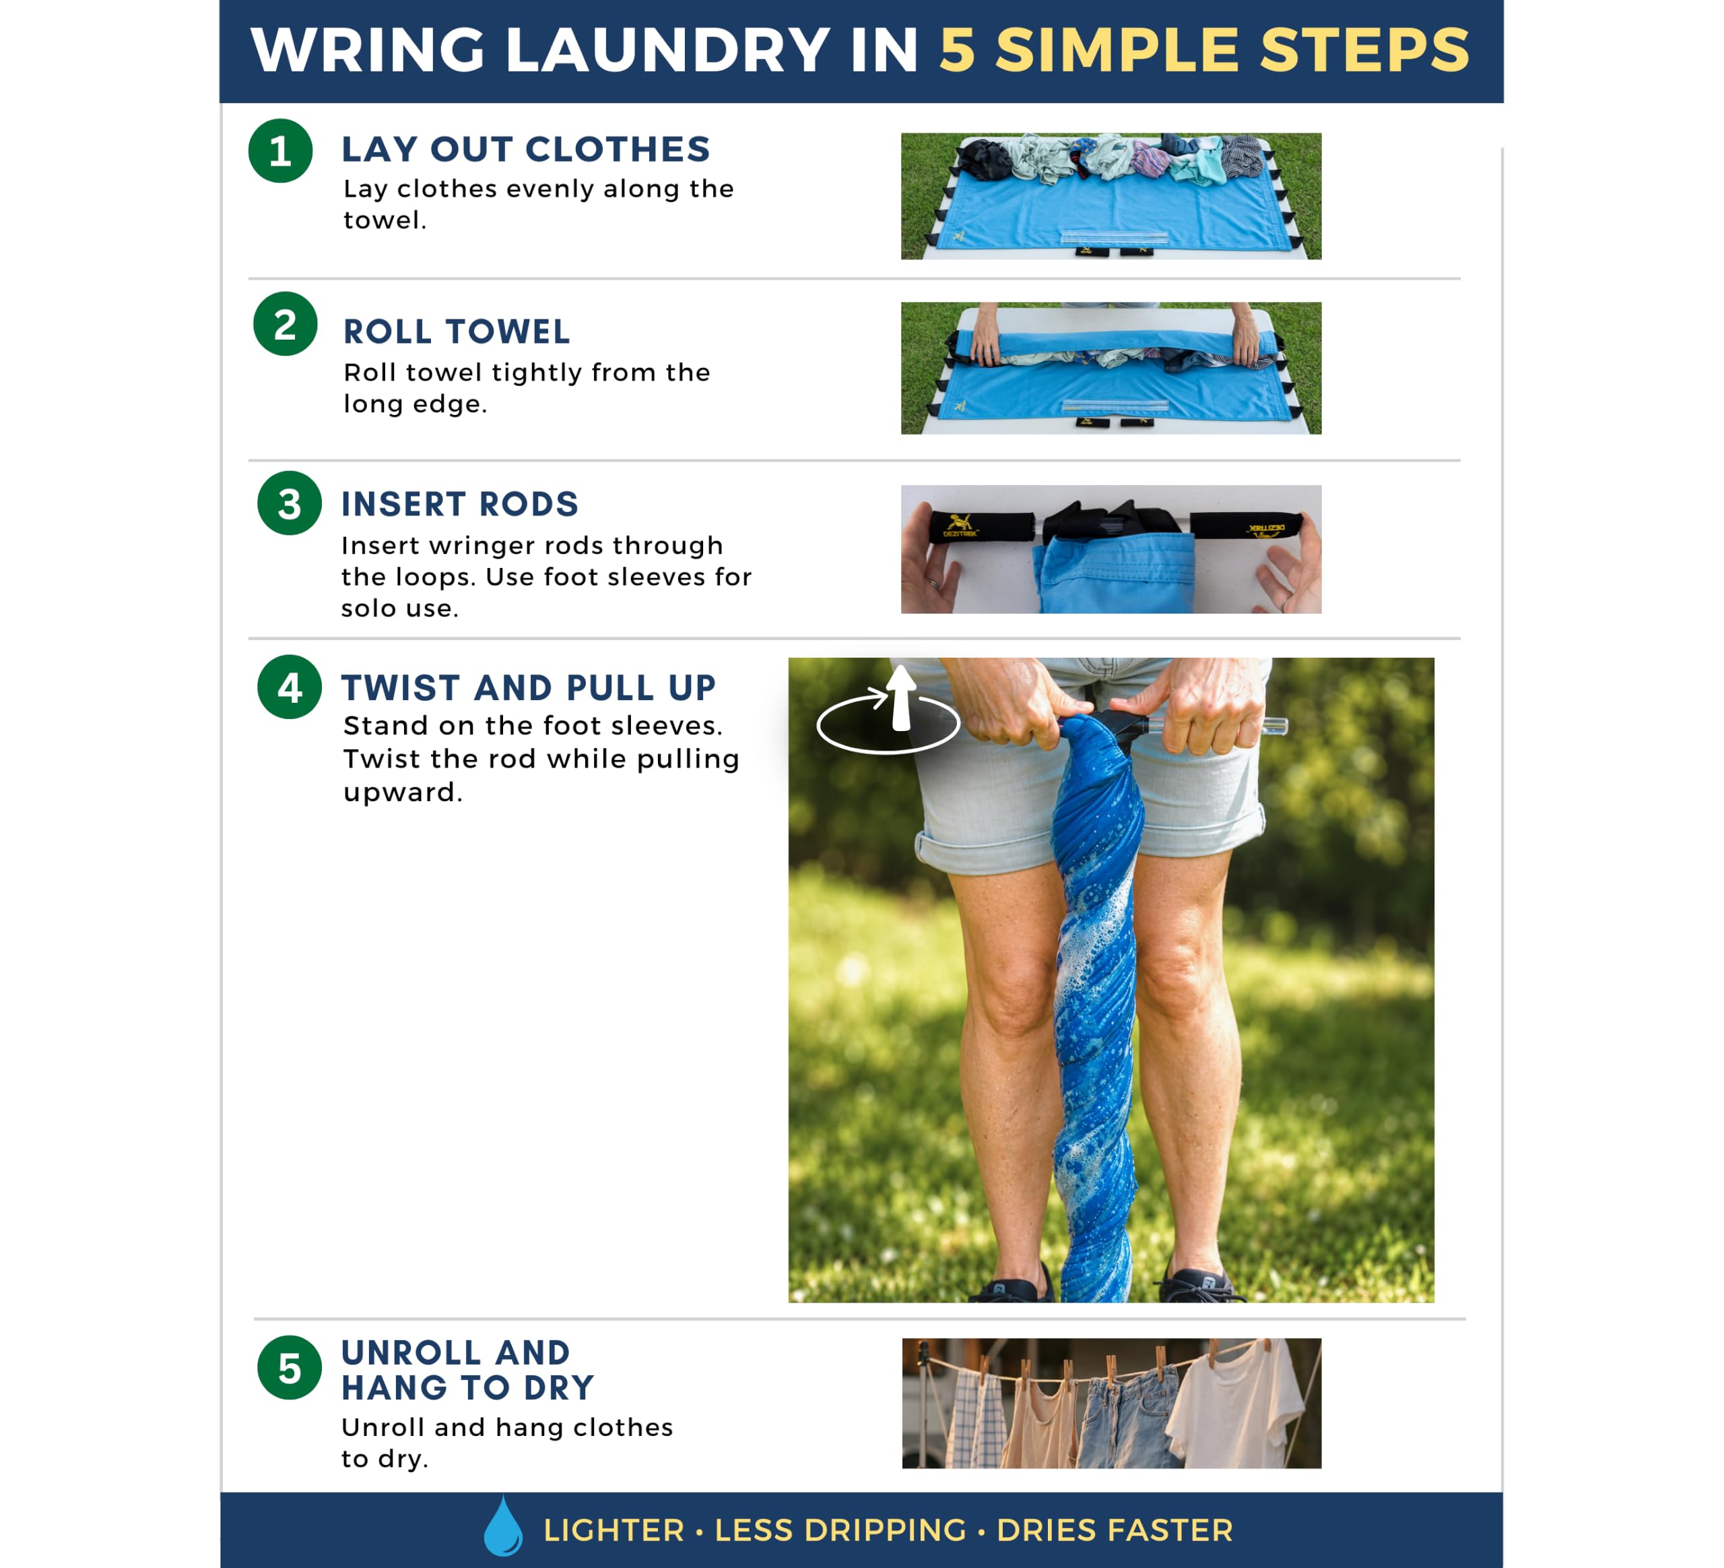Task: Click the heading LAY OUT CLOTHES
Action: [526, 149]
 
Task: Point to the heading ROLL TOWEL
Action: [457, 332]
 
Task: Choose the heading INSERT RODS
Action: [460, 504]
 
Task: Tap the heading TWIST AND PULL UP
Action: [529, 688]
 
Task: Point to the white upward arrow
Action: [900, 698]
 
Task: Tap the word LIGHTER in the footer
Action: [614, 1530]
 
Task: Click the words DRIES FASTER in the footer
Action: [1115, 1530]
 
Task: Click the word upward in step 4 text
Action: [403, 793]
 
